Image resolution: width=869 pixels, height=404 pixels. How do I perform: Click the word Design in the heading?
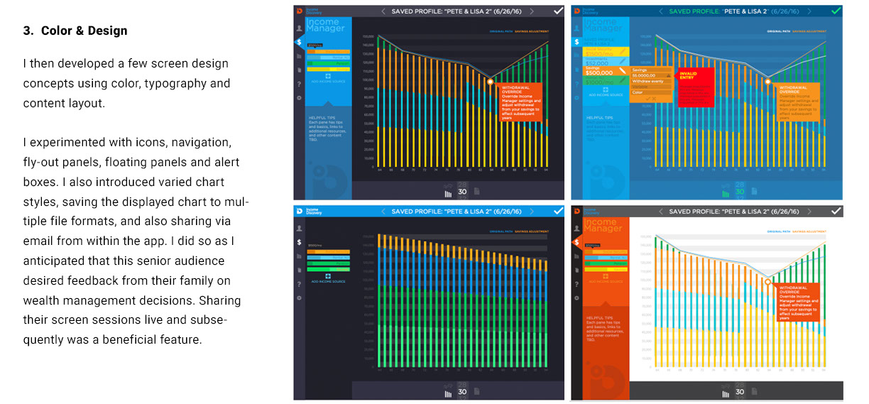tap(109, 31)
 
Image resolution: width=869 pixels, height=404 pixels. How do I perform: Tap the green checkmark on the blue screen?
tap(836, 11)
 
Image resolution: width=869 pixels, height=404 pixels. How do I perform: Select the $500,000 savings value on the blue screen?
tap(599, 72)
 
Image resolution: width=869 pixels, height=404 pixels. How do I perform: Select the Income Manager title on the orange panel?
tap(604, 226)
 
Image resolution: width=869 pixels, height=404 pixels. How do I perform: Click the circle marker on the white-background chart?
tap(767, 282)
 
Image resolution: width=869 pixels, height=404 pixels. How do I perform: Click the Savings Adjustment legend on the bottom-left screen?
tap(531, 231)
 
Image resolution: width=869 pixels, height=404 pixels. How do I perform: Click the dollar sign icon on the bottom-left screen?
tap(299, 242)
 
